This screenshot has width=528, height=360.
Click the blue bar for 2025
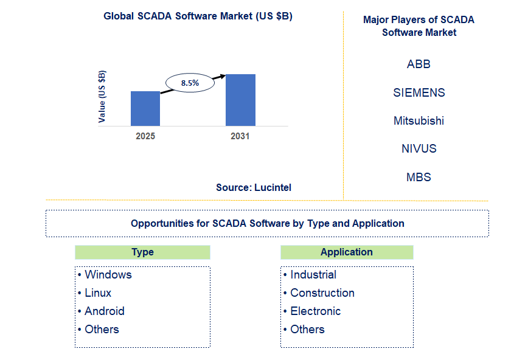(x=145, y=109)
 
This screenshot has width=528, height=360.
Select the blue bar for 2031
(x=240, y=100)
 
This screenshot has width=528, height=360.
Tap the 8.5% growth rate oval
(x=190, y=83)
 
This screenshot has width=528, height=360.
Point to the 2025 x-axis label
(x=145, y=136)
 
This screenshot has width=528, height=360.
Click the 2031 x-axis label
(x=240, y=136)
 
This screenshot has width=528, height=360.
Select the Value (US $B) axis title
(x=102, y=96)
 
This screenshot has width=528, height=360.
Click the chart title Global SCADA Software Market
(x=198, y=16)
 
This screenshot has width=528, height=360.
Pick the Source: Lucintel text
(x=254, y=188)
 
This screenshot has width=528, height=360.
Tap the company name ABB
(x=419, y=64)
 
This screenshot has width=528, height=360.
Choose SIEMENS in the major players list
(x=419, y=92)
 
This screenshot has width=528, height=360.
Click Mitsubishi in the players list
(x=419, y=120)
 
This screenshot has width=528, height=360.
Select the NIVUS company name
(x=419, y=148)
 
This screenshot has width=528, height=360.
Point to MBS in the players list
(x=419, y=177)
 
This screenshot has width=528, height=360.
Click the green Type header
(x=142, y=252)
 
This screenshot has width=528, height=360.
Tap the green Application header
(x=347, y=252)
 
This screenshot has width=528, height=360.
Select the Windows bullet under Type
(x=108, y=275)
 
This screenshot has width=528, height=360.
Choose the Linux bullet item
(x=98, y=293)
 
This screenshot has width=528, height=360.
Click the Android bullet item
(x=104, y=311)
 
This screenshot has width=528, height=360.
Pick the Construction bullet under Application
(x=322, y=293)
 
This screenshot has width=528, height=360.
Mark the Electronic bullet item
(x=315, y=311)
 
